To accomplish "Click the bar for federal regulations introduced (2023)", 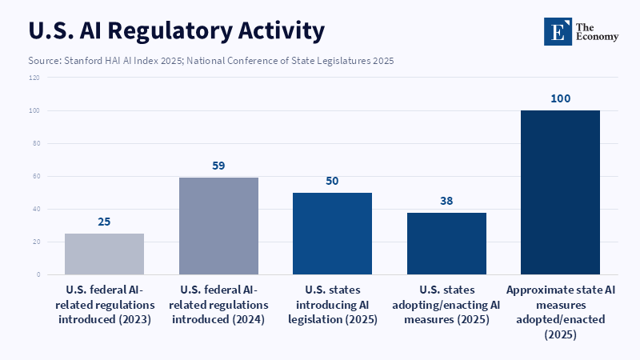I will click(104, 254).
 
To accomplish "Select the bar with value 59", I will click(218, 226).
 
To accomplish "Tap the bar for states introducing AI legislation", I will click(332, 234).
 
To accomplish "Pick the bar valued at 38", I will click(446, 243).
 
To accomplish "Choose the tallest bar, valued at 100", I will click(560, 192).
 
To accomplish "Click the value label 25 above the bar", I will click(104, 222).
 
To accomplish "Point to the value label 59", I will click(218, 166).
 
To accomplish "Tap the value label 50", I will click(332, 181).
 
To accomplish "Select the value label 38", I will click(446, 201).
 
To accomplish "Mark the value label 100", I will click(560, 98).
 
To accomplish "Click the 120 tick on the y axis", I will click(34, 78).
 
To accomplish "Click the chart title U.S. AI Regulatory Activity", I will click(177, 30).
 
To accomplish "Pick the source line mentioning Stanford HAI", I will click(211, 60).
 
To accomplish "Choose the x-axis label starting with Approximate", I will click(560, 312).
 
